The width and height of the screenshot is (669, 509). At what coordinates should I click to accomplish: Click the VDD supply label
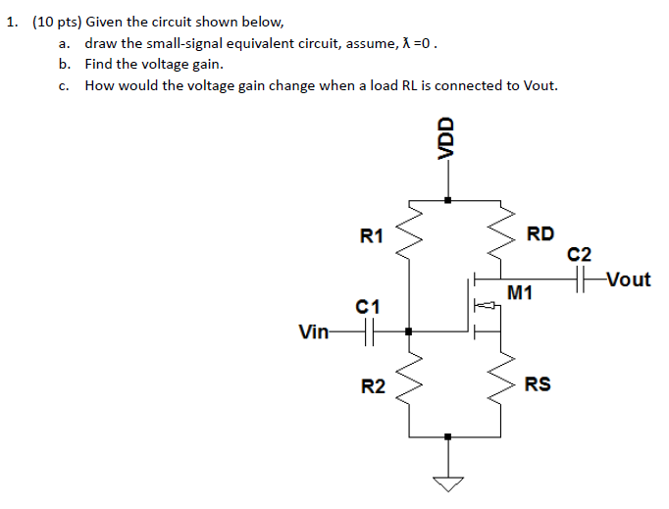click(447, 138)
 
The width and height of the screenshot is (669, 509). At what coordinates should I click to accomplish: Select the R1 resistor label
click(372, 235)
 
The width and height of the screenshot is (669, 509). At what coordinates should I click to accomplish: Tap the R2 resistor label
click(372, 387)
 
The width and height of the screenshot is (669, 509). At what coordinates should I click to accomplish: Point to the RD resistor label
click(540, 233)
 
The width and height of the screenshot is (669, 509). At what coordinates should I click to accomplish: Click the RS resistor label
click(538, 384)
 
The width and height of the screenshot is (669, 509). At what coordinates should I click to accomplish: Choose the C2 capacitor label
click(581, 255)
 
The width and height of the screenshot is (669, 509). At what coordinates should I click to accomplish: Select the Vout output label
click(628, 280)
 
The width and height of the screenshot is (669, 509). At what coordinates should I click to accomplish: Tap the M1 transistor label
click(520, 292)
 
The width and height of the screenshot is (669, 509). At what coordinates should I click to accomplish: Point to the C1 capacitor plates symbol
click(369, 332)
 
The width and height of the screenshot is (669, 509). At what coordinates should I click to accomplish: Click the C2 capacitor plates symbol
click(586, 280)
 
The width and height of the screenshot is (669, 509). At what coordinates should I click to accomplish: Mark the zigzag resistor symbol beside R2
click(409, 385)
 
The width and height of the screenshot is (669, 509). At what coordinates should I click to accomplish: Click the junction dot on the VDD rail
click(448, 200)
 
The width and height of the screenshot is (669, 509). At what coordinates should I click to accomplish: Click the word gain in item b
click(203, 64)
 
